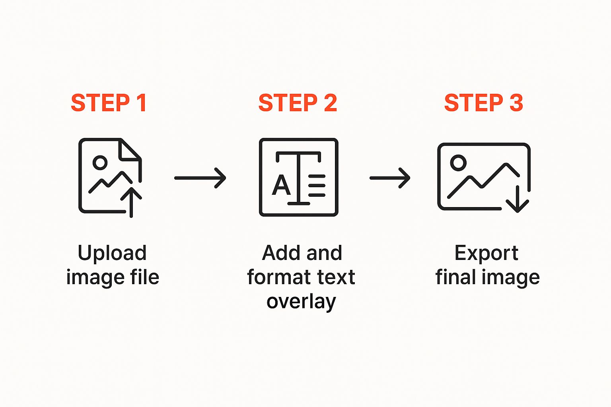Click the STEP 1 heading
click(x=109, y=103)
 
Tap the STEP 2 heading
click(x=298, y=103)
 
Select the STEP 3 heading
click(x=483, y=103)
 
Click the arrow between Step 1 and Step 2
click(x=200, y=178)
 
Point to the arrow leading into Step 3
click(x=390, y=178)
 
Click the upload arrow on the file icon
click(x=131, y=202)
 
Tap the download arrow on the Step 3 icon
click(x=518, y=199)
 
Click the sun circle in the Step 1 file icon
click(x=100, y=163)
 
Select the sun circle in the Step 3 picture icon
click(x=458, y=163)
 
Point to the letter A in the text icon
click(x=281, y=185)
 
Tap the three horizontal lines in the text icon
click(x=317, y=186)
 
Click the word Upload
click(x=112, y=253)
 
